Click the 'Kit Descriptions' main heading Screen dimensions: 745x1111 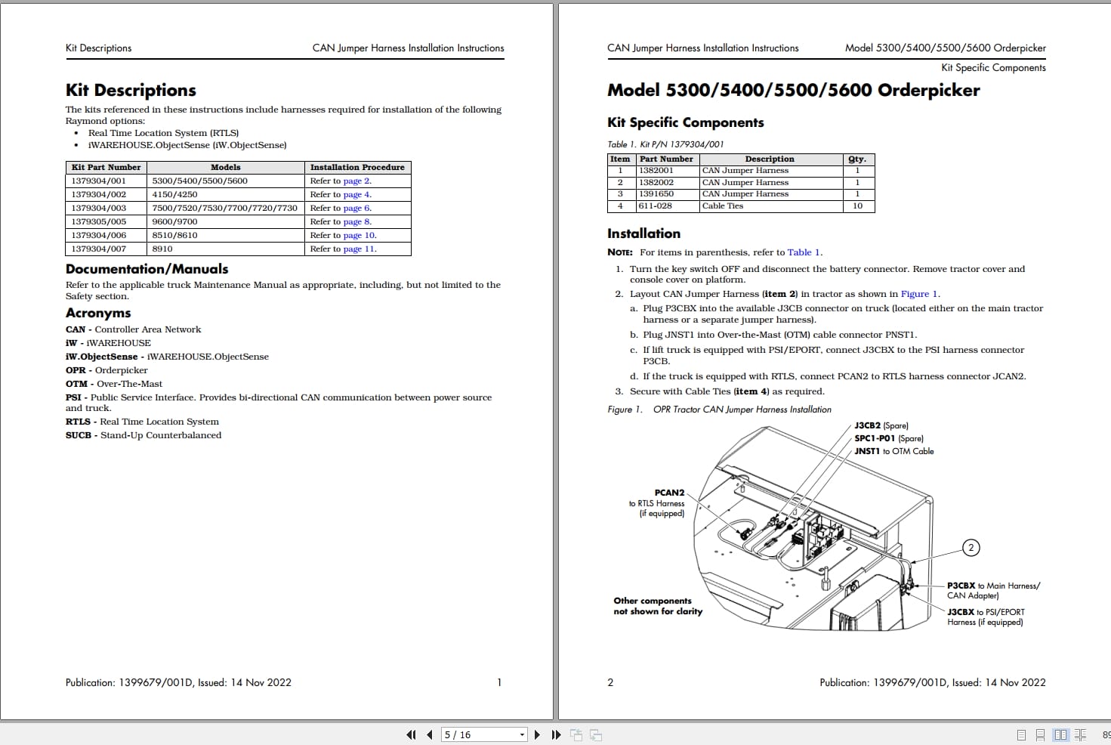(x=131, y=91)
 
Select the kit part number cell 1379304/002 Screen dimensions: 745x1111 (x=99, y=194)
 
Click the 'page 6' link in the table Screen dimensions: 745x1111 (x=356, y=208)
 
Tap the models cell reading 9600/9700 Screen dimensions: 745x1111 (x=174, y=221)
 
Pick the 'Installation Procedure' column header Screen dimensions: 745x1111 (x=357, y=167)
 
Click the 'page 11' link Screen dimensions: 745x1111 (x=359, y=249)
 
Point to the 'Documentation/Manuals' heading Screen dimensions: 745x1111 (x=147, y=269)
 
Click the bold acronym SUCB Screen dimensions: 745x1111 (x=78, y=435)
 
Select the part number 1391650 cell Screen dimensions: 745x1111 (x=656, y=194)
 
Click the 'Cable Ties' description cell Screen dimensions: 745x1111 (x=723, y=206)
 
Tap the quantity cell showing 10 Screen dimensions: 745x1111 (x=857, y=206)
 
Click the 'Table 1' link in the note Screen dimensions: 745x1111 (x=804, y=252)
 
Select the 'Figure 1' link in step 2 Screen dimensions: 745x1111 (x=919, y=294)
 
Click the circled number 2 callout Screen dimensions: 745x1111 (x=971, y=548)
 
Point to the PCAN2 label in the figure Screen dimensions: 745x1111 (x=669, y=493)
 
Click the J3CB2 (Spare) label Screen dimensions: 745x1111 (x=881, y=425)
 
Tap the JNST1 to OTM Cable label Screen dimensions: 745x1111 (x=894, y=451)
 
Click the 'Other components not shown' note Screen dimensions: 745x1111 (x=658, y=606)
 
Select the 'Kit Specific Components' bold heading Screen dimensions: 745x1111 (x=685, y=122)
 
